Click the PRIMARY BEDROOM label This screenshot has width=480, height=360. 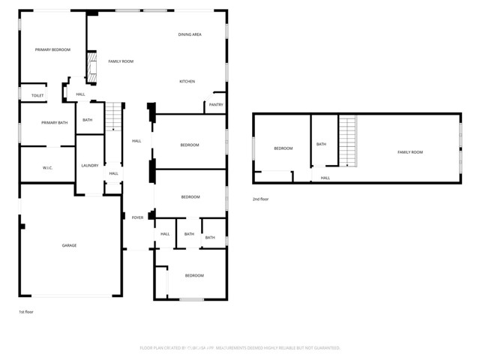point(52,49)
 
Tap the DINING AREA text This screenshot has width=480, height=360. point(190,34)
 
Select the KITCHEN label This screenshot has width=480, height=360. point(187,81)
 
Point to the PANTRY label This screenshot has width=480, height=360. point(216,105)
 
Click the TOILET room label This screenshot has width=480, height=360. point(37,95)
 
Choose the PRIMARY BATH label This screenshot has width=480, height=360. point(54,122)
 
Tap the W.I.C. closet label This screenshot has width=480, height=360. point(47,167)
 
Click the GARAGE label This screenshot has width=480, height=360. point(69,245)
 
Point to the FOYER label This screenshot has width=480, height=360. point(137,217)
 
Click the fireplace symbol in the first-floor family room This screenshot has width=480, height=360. point(92,67)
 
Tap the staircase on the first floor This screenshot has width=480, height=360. point(112,117)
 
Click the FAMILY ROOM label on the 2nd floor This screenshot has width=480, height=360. point(409,152)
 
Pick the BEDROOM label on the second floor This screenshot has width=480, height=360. point(283,148)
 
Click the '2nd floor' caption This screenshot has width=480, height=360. point(261,199)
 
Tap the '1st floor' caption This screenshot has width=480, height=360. point(26,311)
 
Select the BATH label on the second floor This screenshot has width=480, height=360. point(321,144)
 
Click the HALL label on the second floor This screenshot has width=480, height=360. point(325,178)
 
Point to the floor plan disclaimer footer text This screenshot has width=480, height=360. point(240,348)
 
